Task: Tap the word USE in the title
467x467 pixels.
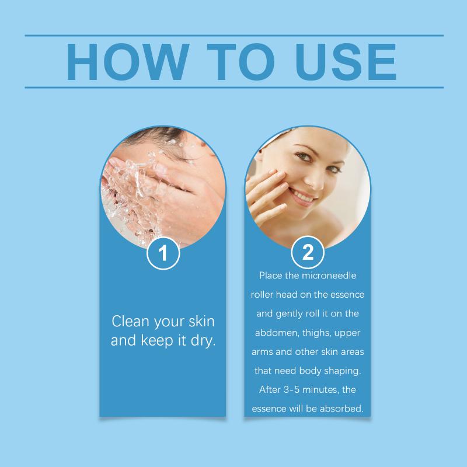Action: [x=346, y=62]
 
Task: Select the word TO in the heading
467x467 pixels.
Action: [x=241, y=62]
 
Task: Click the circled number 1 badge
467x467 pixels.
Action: [x=163, y=253]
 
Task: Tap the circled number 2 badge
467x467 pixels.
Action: [x=308, y=252]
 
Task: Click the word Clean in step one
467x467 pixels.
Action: [x=130, y=322]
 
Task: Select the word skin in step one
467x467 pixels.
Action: [x=201, y=322]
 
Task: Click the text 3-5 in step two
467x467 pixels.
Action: [x=291, y=389]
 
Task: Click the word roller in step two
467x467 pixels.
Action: [x=262, y=295]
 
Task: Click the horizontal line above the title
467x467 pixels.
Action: [x=234, y=36]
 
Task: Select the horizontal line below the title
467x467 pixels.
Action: [x=234, y=88]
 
